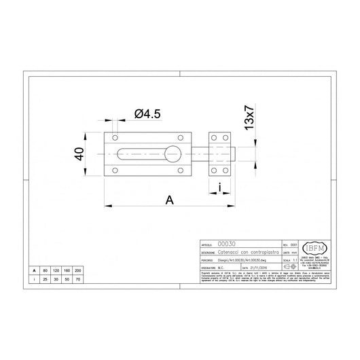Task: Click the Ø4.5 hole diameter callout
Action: click(x=143, y=114)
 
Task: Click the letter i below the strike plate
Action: click(x=220, y=188)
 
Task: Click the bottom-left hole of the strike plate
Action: click(x=214, y=170)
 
